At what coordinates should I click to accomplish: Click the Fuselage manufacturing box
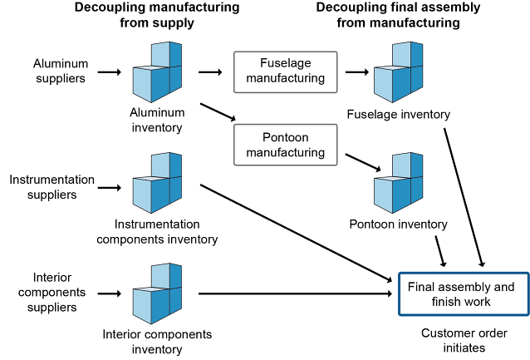285,72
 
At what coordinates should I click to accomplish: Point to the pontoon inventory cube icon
398,182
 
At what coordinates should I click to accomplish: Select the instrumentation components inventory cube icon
157,182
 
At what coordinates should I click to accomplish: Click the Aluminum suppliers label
60,72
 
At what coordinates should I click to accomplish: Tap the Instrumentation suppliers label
52,187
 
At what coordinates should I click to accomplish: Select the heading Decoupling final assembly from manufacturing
398,16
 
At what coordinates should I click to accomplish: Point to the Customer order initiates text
453,341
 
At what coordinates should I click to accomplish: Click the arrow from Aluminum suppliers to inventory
109,72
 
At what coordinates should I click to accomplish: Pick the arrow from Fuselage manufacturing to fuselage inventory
356,72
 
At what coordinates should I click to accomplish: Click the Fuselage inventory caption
398,114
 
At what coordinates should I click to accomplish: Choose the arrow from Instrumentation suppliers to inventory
109,188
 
